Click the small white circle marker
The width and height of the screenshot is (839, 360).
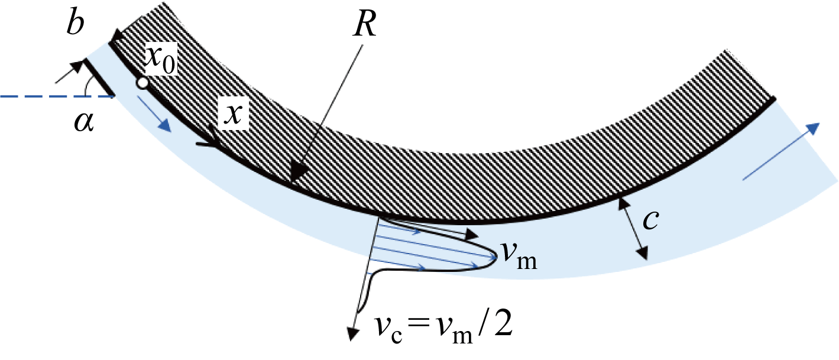click(x=142, y=83)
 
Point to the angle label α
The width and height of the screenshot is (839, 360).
click(x=84, y=122)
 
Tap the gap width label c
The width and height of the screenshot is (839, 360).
click(x=650, y=220)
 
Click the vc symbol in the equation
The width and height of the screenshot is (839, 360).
click(x=388, y=329)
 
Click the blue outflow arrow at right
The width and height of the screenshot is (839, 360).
click(x=781, y=152)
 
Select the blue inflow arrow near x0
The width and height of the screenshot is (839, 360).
click(x=154, y=114)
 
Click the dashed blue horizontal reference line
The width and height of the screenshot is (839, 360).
click(x=57, y=96)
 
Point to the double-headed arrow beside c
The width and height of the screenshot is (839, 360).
click(x=633, y=229)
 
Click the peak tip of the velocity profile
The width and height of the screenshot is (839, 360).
click(x=496, y=257)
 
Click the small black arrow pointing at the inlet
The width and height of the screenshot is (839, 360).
click(x=69, y=72)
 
